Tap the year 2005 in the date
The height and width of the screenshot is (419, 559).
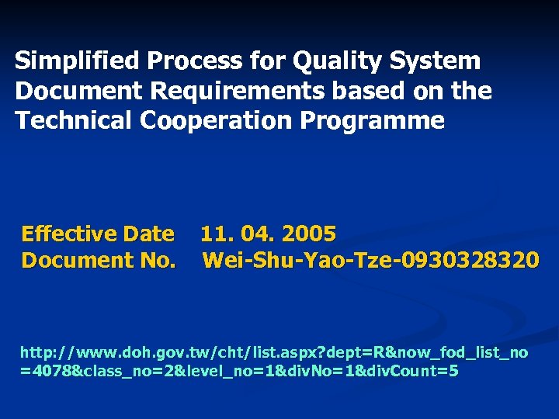(x=309, y=234)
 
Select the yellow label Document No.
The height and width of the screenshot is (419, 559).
(x=99, y=260)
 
